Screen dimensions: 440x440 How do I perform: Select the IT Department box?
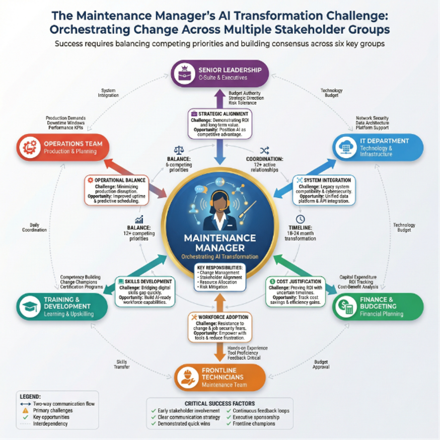pyautogui.click(x=378, y=147)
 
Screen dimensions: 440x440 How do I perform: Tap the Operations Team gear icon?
pyautogui.click(x=29, y=147)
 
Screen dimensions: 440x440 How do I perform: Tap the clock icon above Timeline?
pyautogui.click(x=301, y=219)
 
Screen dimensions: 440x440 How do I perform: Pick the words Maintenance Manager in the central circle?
pyautogui.click(x=220, y=242)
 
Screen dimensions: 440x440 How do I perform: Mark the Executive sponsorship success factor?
pyautogui.click(x=256, y=417)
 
